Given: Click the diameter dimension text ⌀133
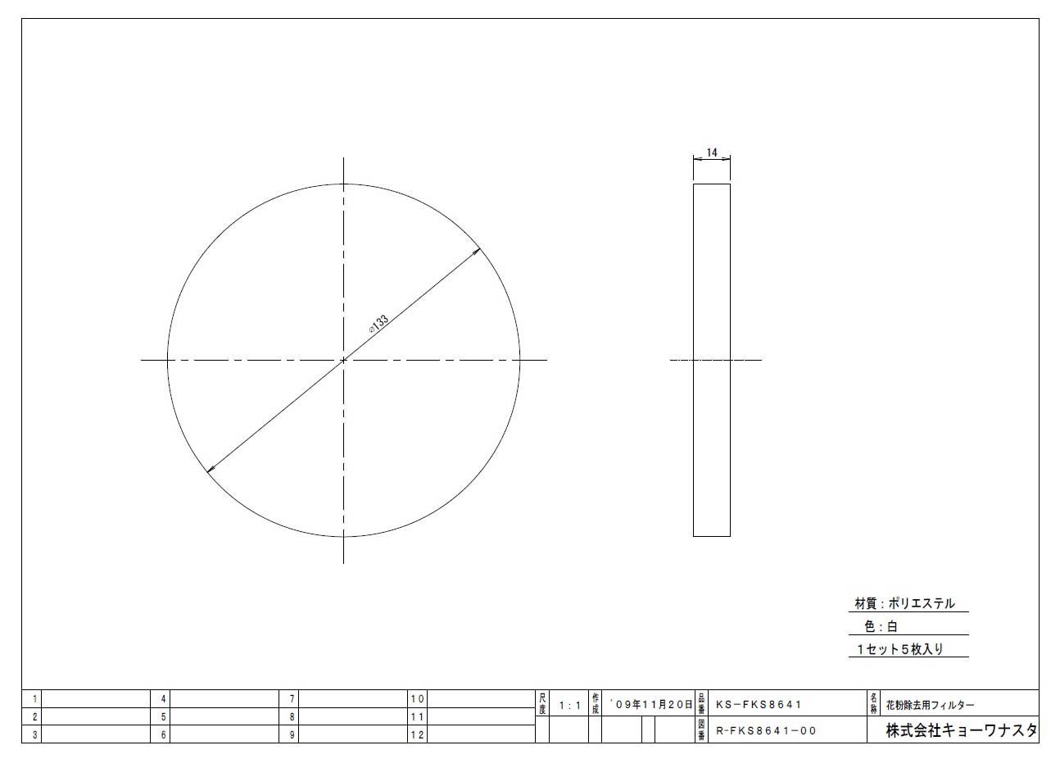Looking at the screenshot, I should [378, 322].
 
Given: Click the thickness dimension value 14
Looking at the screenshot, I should [711, 153].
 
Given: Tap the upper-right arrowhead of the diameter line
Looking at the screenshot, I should [477, 251].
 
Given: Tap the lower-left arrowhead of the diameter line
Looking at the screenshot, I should [211, 469].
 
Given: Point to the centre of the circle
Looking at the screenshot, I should [343, 360].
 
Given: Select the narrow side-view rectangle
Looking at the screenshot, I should [711, 360].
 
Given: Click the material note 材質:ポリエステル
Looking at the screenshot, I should [904, 603].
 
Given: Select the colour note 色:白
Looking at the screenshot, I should [881, 626].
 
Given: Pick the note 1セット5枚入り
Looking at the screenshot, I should [900, 648].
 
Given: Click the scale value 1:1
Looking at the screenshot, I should [569, 705].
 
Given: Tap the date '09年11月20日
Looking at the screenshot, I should [652, 704].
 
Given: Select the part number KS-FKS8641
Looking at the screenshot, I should [759, 704].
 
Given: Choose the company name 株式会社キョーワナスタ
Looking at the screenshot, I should [961, 730].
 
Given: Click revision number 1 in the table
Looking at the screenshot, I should [34, 699].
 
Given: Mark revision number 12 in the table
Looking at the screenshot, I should [418, 735].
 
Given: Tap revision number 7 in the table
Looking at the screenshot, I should [292, 699].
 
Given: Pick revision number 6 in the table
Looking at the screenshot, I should [164, 735].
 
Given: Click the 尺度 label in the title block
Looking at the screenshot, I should [541, 703].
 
